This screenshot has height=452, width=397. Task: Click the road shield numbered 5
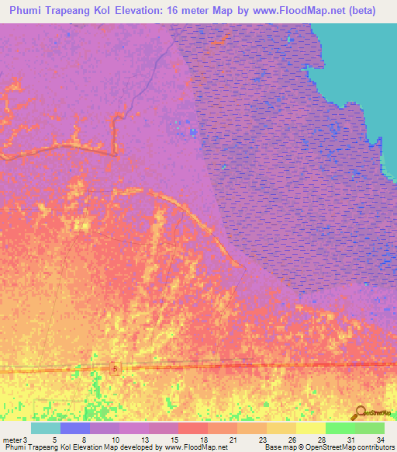(x=114, y=368)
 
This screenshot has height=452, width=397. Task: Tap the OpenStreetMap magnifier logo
(x=360, y=413)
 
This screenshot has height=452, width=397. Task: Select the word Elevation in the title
(x=147, y=11)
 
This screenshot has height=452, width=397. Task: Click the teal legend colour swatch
(x=45, y=428)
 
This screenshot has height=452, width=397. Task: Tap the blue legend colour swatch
(x=74, y=428)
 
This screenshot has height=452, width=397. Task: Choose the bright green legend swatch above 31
(x=340, y=428)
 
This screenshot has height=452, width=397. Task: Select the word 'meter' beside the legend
(x=12, y=439)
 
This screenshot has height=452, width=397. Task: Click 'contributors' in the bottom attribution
(x=375, y=447)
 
